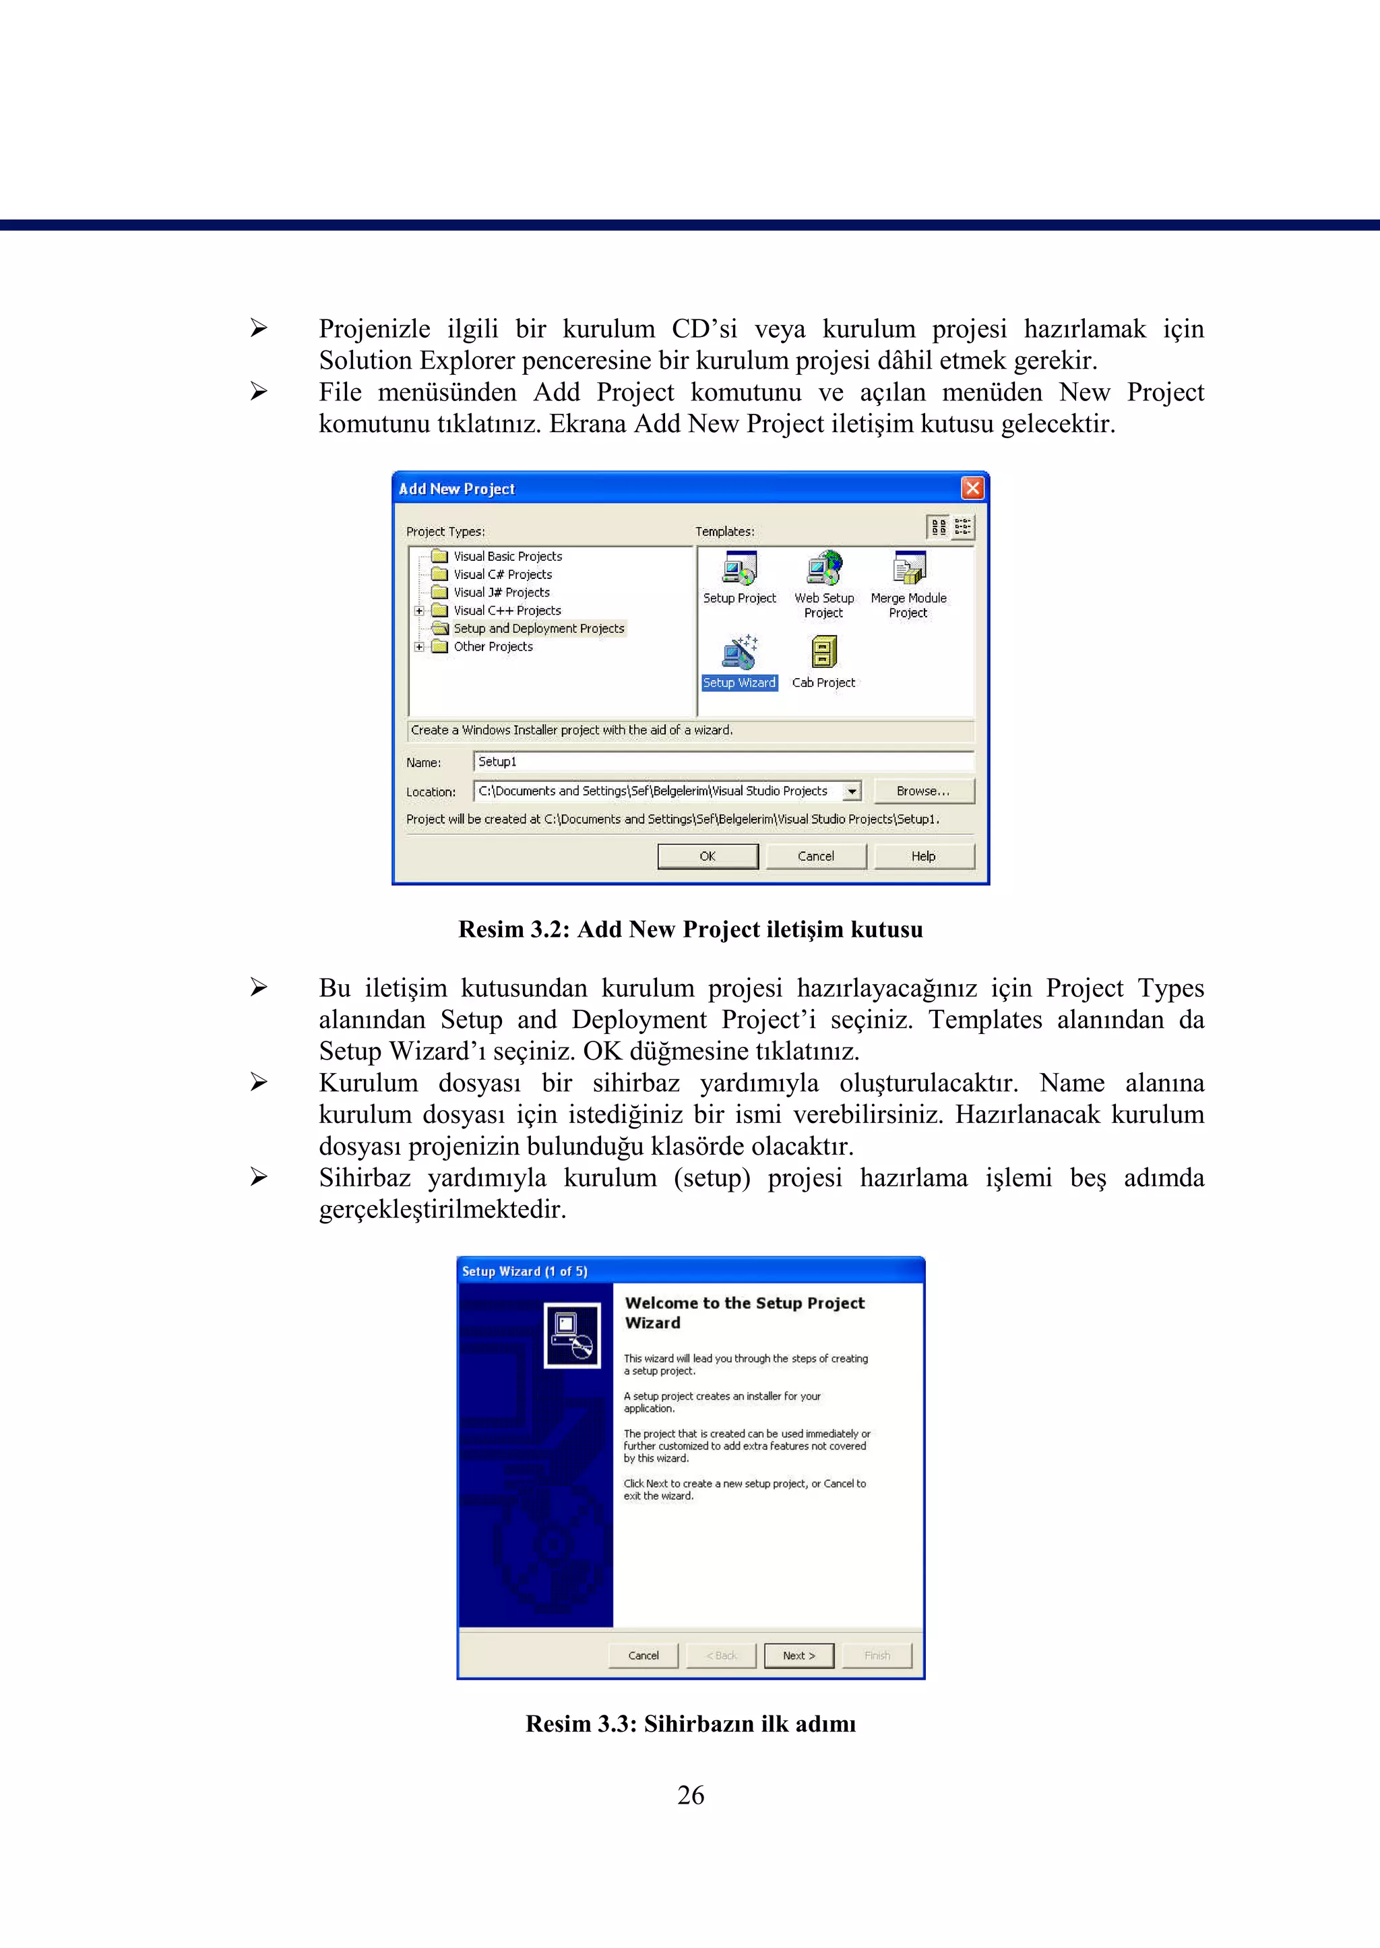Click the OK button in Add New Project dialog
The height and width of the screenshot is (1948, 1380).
707,856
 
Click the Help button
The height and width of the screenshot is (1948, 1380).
923,856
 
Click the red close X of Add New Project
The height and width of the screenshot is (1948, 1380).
972,488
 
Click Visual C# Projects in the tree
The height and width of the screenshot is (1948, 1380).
502,574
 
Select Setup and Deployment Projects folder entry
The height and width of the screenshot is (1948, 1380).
538,628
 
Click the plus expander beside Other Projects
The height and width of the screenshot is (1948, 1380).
419,647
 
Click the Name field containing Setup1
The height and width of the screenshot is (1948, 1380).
722,762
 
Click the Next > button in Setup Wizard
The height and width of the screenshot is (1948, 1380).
798,1655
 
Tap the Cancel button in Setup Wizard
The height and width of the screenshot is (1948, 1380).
644,1655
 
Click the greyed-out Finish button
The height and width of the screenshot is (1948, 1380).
877,1655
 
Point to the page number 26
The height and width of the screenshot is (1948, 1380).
690,1794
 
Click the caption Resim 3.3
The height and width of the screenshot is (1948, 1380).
690,1724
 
